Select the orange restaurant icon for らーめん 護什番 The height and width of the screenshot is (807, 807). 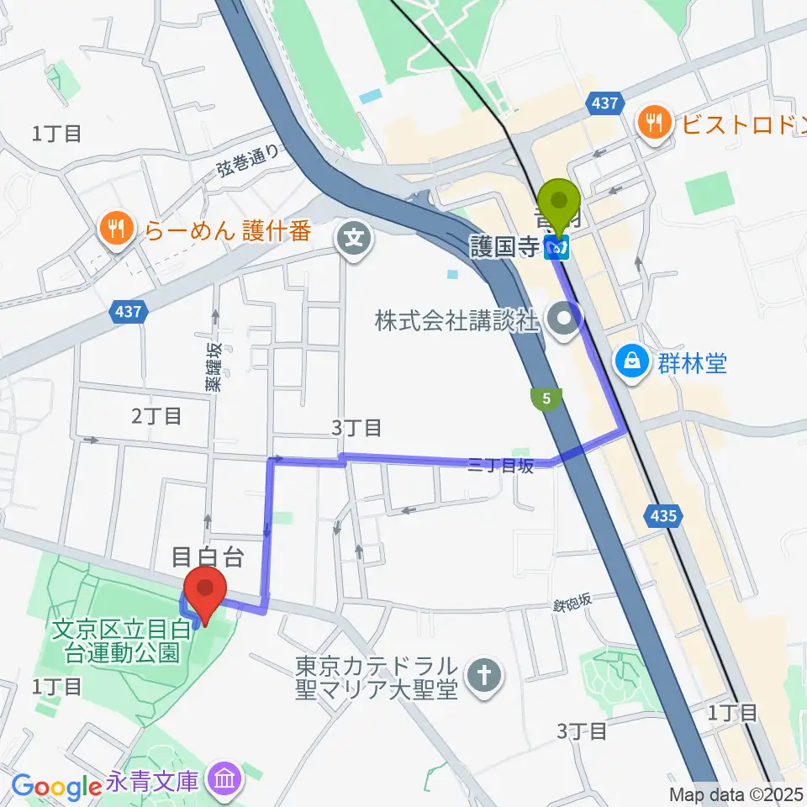click(112, 227)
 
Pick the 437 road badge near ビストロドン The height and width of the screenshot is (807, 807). click(604, 104)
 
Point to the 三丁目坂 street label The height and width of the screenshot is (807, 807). click(501, 466)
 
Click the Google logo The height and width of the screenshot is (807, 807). click(57, 786)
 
